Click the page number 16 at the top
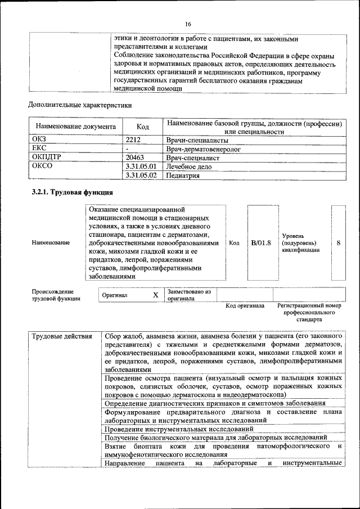coord(188,24)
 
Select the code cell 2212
coord(133,139)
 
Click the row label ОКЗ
coord(39,139)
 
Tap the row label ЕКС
coord(39,148)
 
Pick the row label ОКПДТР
coord(46,157)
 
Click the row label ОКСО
coord(42,166)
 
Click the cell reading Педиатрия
coord(183,175)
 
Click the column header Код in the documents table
coord(143,127)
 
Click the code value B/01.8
coord(261,242)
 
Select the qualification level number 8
coord(338,242)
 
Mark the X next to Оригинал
coord(156,295)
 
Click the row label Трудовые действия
coord(62,337)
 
